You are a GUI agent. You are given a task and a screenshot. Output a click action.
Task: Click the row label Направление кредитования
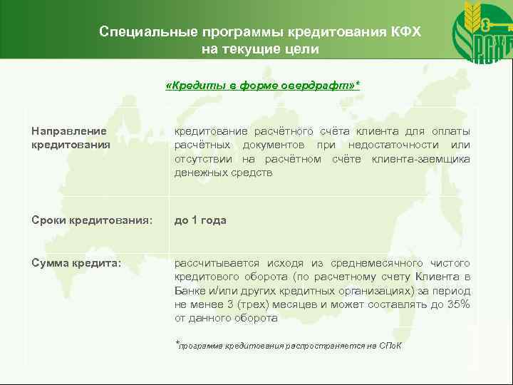(x=71, y=138)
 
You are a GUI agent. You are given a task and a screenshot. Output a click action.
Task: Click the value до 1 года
(x=201, y=220)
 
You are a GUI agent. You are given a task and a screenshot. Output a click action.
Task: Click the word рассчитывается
(x=212, y=263)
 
